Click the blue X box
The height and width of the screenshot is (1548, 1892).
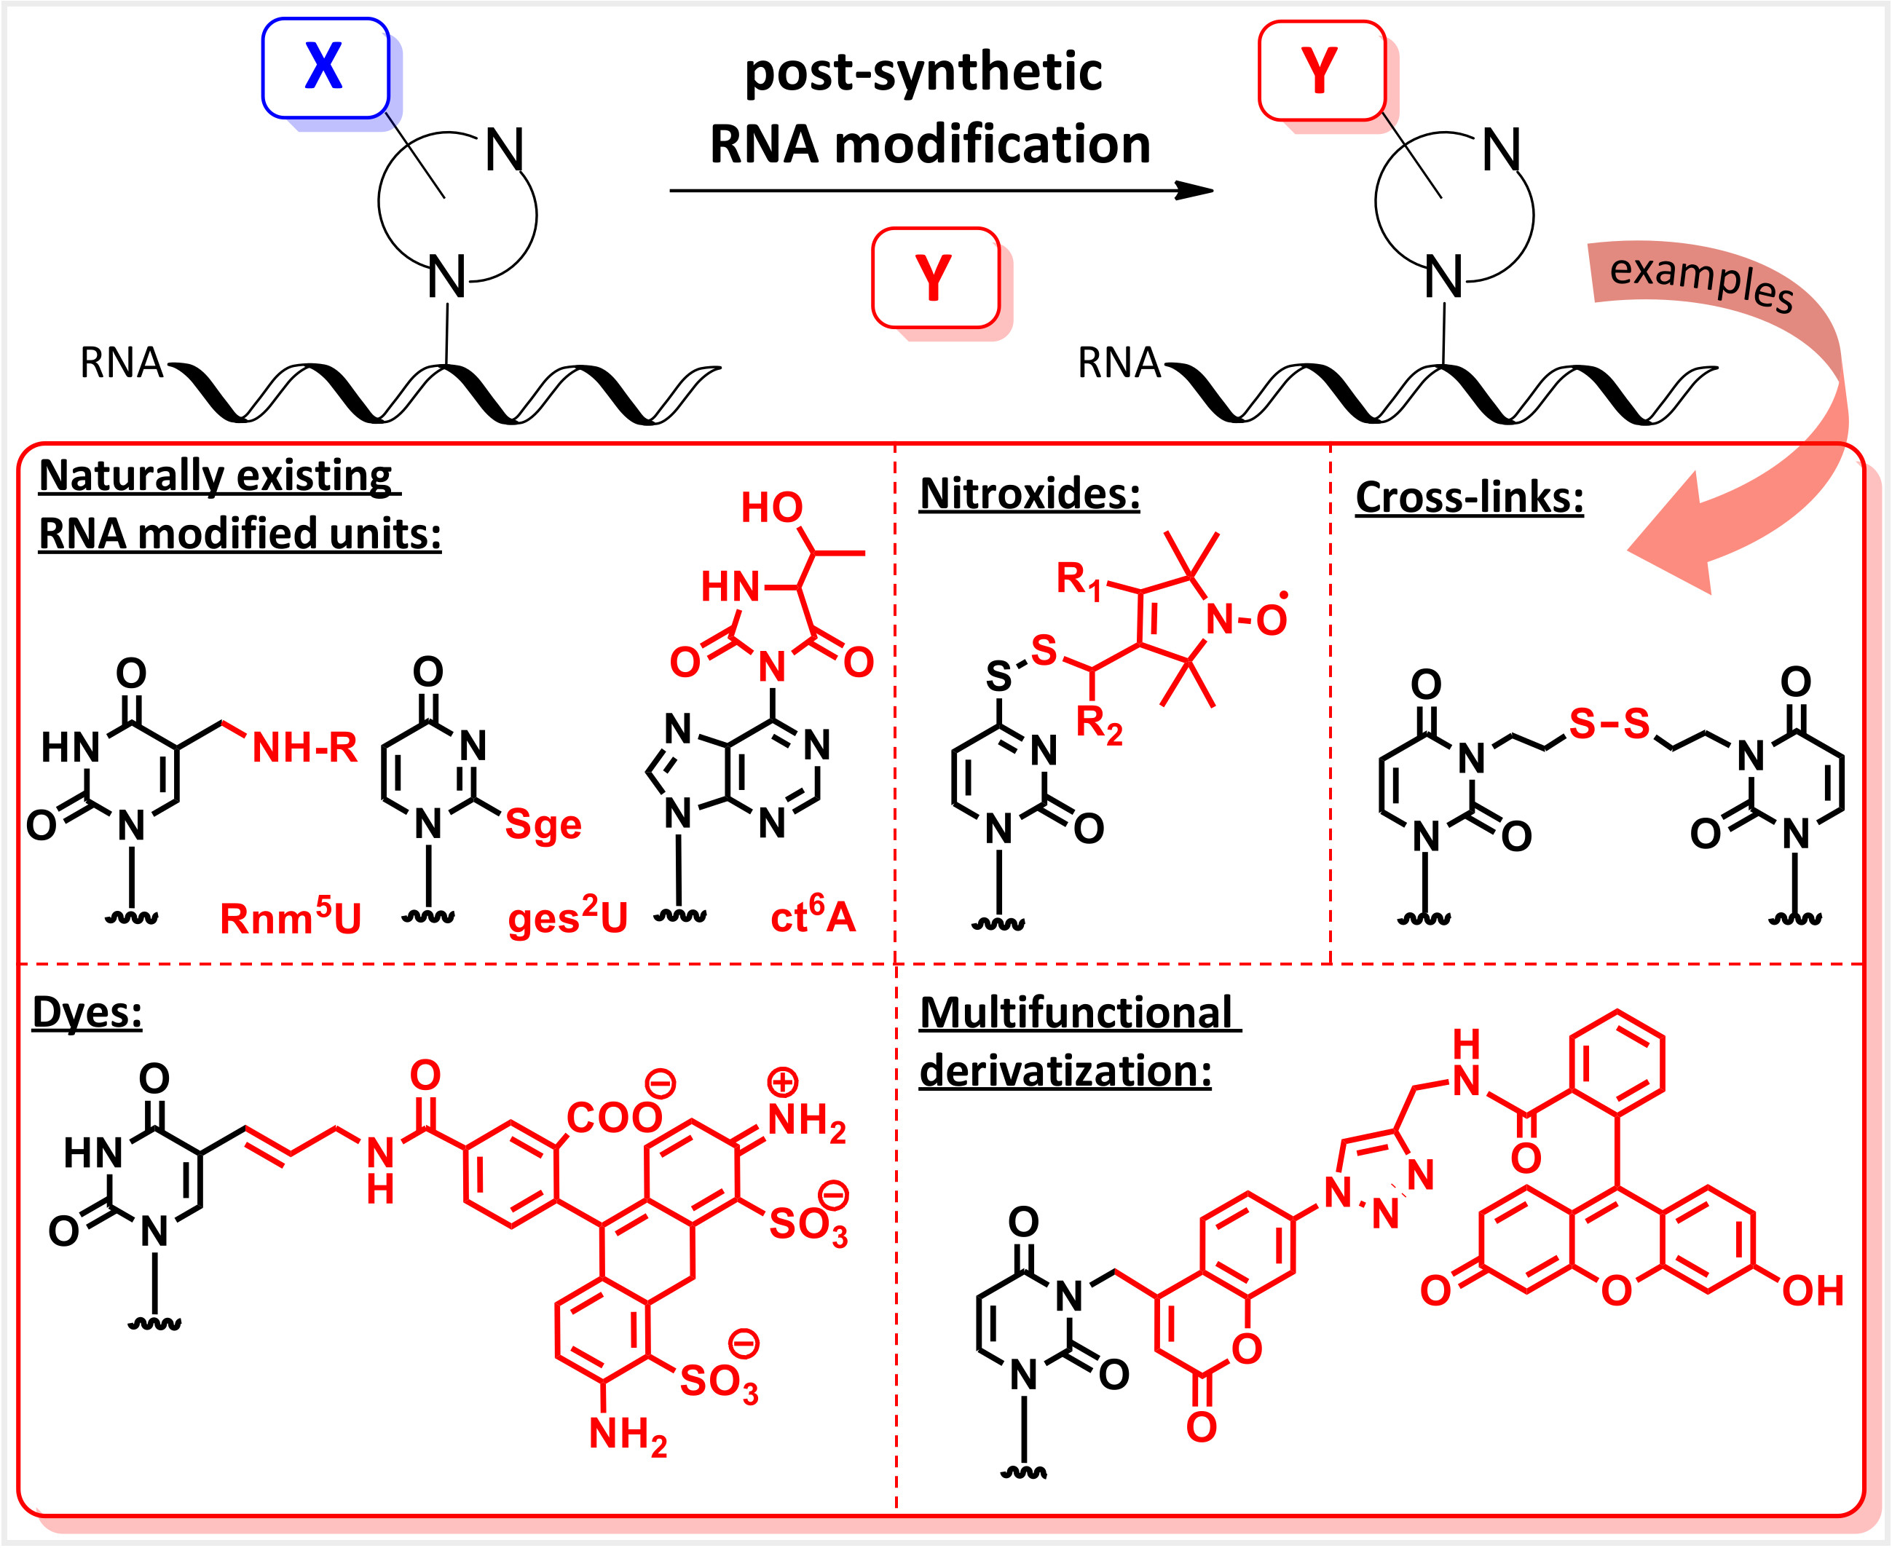(x=325, y=68)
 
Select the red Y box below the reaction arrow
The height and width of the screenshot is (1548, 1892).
(x=934, y=277)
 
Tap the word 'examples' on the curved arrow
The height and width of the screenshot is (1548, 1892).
(x=1700, y=282)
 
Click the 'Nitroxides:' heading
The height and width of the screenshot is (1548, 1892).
(x=1029, y=494)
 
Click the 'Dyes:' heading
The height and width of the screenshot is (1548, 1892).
(x=87, y=1012)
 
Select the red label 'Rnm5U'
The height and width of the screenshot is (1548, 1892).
(x=290, y=917)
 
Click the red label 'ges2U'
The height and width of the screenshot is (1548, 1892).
(x=568, y=917)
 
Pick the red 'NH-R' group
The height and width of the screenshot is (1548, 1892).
(x=304, y=747)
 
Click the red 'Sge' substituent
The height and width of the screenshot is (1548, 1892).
(x=542, y=824)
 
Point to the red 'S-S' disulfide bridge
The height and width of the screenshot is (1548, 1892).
(x=1609, y=724)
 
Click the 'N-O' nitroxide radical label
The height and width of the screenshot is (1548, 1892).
(x=1245, y=619)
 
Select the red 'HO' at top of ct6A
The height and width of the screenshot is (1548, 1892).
(x=772, y=508)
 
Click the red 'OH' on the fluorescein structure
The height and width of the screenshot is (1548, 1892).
(x=1812, y=1290)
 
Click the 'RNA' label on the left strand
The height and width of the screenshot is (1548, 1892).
(x=122, y=363)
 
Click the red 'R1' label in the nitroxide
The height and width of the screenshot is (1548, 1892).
(x=1078, y=580)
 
